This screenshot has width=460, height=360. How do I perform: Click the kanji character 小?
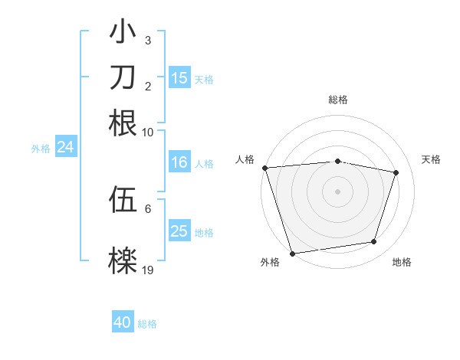(x=123, y=33)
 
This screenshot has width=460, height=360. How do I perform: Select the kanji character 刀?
(x=123, y=77)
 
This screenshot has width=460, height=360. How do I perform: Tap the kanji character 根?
(x=123, y=123)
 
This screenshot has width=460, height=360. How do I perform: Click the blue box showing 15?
(x=179, y=78)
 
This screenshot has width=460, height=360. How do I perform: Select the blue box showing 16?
(x=179, y=162)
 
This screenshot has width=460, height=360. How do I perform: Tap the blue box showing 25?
(x=179, y=231)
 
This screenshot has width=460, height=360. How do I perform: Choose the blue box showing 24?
(x=65, y=147)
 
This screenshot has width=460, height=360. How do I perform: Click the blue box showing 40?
(x=123, y=322)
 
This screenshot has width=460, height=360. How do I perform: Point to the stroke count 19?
(x=148, y=270)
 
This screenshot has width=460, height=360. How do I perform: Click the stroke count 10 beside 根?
(x=148, y=132)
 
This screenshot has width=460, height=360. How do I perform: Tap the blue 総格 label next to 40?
(x=148, y=324)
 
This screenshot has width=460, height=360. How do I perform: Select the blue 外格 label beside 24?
(x=41, y=149)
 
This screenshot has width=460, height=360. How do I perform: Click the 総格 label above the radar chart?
(x=338, y=100)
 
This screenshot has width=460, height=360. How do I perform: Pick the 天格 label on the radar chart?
(x=432, y=159)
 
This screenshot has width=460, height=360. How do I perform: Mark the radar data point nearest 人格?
(x=264, y=168)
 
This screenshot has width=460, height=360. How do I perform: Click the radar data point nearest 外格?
(x=292, y=253)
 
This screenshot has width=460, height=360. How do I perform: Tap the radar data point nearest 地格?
(x=374, y=242)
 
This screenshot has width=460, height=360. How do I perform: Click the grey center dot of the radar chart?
(x=338, y=191)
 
